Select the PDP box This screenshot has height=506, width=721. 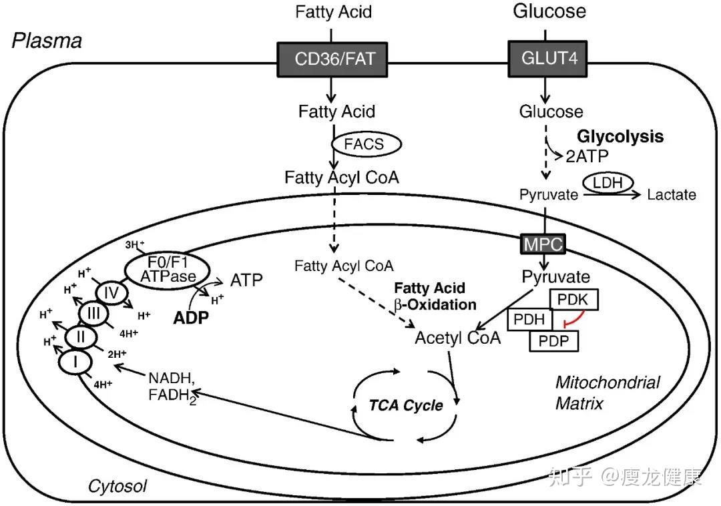coord(554,340)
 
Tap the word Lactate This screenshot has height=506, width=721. coord(672,195)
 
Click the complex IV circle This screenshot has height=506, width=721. coord(111,292)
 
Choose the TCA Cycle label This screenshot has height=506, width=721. coord(407,405)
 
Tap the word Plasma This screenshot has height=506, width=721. coord(47,41)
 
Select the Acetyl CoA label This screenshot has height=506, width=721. coord(457,337)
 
